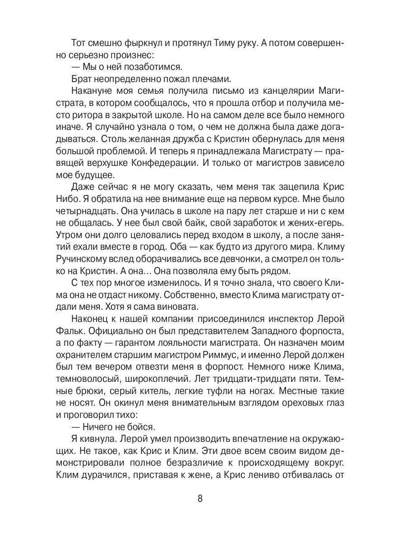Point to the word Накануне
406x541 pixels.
pyautogui.click(x=93, y=92)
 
